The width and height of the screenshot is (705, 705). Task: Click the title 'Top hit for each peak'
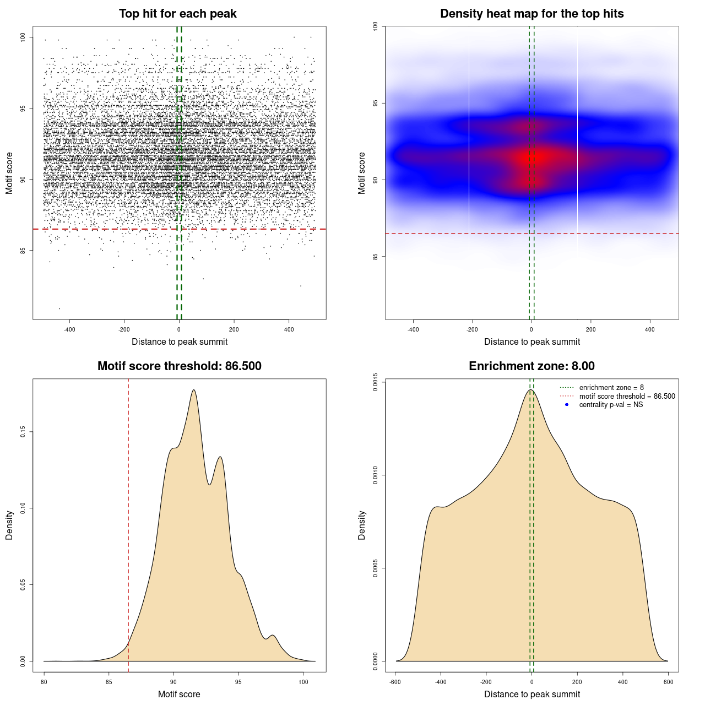177,14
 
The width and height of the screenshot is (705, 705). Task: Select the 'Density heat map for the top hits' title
532,14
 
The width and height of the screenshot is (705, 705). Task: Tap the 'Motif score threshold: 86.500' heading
179,366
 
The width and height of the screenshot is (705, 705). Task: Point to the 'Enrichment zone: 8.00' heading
532,366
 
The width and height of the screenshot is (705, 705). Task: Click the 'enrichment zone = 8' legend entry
611,388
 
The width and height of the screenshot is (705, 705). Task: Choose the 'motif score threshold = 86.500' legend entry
627,397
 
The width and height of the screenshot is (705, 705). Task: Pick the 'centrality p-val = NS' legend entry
611,405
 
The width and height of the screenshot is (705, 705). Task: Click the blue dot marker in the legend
567,405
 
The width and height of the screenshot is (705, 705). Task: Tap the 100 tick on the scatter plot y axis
23,37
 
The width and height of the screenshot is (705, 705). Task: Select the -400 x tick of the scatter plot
69,330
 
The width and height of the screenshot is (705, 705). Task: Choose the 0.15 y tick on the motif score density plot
23,432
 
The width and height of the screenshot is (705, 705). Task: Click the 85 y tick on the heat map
376,256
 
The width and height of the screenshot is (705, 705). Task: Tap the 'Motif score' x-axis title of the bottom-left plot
179,695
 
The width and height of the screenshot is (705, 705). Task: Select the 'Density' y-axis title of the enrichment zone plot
362,525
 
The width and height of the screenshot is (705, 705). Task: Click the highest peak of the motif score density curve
194,391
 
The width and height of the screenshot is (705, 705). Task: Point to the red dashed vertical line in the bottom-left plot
128,523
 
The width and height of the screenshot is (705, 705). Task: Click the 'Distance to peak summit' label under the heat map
532,342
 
